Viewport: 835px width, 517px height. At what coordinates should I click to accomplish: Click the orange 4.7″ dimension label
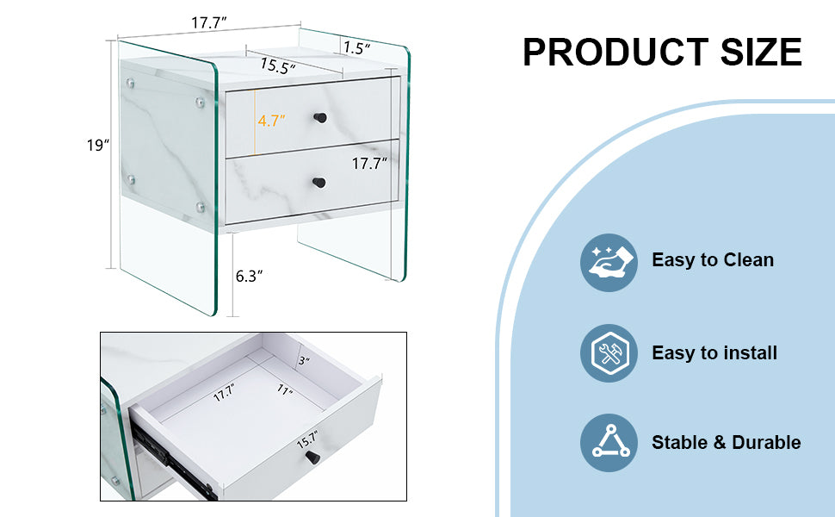[x=270, y=121]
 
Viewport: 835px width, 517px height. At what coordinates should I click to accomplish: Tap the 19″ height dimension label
[x=98, y=145]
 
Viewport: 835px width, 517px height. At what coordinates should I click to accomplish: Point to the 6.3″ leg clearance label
[x=249, y=276]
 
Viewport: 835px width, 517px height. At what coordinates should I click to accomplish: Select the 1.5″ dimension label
[x=356, y=49]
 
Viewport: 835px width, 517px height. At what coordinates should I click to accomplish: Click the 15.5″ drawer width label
[x=278, y=66]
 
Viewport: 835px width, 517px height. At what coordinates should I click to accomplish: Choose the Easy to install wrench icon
[x=609, y=353]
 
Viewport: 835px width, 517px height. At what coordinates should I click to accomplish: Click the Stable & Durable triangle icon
[x=609, y=443]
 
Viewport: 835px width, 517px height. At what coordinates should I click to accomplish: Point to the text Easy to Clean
[x=713, y=260]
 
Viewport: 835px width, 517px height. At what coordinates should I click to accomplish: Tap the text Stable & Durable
[x=726, y=443]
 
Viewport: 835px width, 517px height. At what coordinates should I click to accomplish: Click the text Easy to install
[x=714, y=353]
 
